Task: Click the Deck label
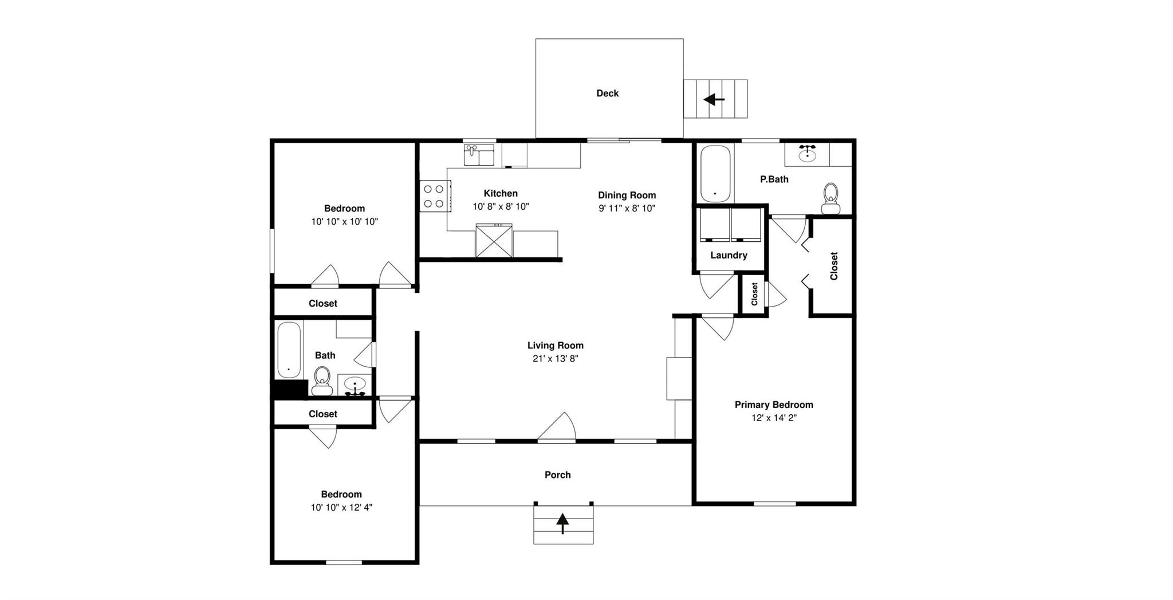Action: point(607,93)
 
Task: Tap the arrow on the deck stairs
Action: point(714,100)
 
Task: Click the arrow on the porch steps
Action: point(562,523)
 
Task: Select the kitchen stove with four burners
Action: point(434,196)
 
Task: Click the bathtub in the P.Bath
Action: point(715,174)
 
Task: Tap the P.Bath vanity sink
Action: point(807,154)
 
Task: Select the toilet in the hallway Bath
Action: point(322,381)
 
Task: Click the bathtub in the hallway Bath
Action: point(289,350)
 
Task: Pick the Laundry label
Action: point(729,256)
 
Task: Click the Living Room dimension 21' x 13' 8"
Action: point(556,359)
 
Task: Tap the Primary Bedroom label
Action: point(774,405)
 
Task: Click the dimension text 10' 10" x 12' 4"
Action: point(341,507)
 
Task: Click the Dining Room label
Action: point(627,195)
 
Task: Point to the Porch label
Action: point(557,475)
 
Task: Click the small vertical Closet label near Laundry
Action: point(754,294)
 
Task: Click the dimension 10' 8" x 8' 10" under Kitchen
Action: point(501,207)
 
